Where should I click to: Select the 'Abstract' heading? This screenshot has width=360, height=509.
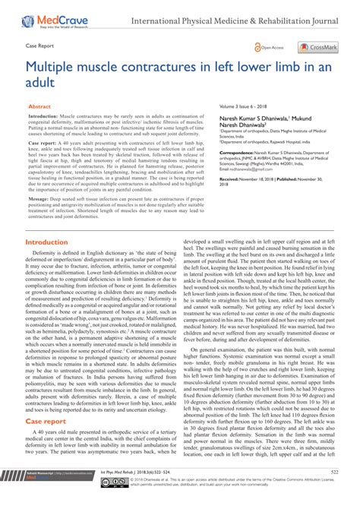(39, 108)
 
